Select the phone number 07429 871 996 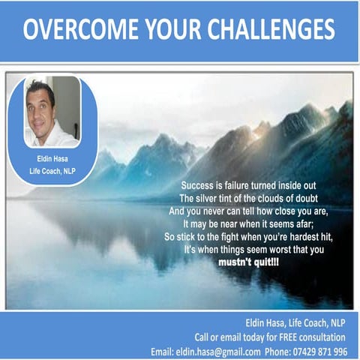[320, 351]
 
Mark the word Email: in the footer [162, 351]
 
